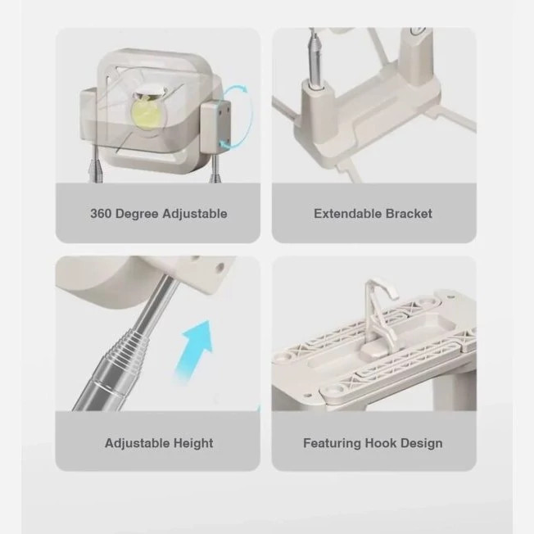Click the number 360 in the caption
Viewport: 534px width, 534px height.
coord(101,214)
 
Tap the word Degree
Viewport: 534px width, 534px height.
coord(137,215)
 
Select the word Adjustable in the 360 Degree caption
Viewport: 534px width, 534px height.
coord(195,215)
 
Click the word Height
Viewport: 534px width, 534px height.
coord(193,443)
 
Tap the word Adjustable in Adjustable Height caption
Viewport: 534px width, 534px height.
coord(138,443)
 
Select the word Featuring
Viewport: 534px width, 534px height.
coord(332,443)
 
